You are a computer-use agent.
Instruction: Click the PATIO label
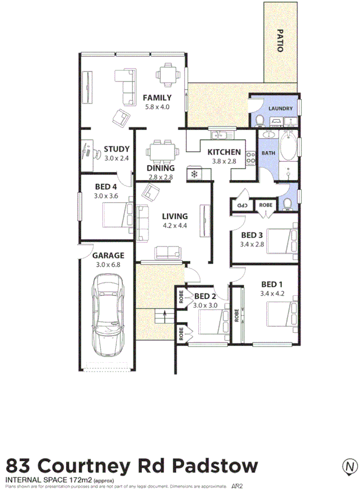click(280, 40)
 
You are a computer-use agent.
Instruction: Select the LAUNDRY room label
click(280, 109)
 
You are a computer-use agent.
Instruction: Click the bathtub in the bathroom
click(287, 149)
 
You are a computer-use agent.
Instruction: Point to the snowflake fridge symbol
click(194, 174)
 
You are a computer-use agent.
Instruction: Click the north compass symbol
click(349, 466)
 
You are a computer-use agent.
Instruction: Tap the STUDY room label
click(117, 149)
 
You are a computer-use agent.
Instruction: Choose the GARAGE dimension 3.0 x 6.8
click(108, 265)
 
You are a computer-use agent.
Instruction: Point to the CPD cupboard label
click(243, 205)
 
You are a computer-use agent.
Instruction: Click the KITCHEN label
click(224, 152)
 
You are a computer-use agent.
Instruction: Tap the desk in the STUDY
click(87, 153)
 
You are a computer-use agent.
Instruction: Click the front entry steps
click(161, 317)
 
